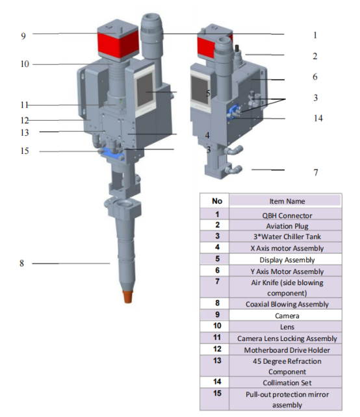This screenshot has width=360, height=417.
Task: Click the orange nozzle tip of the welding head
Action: click(128, 297)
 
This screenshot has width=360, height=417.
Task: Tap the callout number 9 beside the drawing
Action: click(23, 36)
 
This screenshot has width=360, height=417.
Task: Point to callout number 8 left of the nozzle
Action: click(21, 263)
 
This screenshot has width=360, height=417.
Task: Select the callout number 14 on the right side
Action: click(318, 118)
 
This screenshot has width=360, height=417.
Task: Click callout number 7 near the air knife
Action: click(316, 172)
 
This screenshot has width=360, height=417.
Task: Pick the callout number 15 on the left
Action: click(25, 151)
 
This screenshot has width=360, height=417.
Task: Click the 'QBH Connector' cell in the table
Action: click(287, 216)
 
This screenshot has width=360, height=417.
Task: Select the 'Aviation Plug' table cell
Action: click(287, 226)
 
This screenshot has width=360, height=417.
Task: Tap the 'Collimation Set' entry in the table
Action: click(287, 383)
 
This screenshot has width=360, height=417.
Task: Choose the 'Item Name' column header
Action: click(287, 201)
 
